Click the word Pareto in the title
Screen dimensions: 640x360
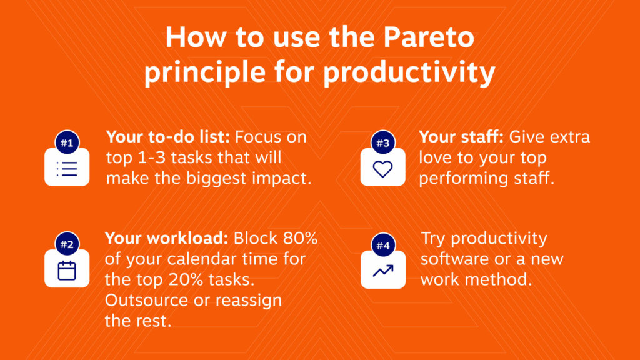429,37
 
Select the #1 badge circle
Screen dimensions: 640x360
67,142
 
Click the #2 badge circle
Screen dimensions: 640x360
67,244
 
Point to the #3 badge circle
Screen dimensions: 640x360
383,142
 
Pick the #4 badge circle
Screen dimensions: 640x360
383,245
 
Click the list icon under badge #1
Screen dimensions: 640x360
67,169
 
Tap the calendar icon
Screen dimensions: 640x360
67,270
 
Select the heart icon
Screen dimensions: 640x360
383,169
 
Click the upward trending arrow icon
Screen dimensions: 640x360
383,271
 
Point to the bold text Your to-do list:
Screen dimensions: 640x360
168,137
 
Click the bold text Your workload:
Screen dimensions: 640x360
166,238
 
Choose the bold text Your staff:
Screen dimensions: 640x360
461,137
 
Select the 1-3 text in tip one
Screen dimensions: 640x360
152,157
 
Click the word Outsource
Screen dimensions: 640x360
147,301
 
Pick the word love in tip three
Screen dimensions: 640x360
435,157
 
